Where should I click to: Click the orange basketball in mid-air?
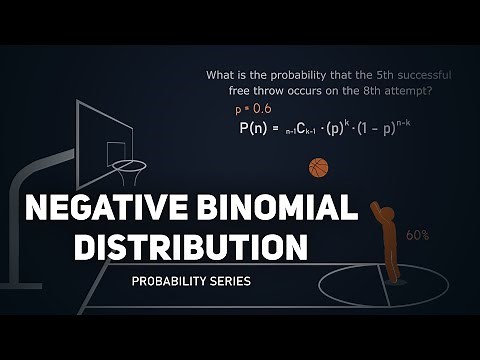point(319,166)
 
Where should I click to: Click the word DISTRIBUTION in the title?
point(190,245)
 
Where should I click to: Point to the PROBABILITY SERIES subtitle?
point(191,282)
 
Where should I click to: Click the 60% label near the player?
point(418,235)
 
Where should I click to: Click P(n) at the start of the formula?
point(259,129)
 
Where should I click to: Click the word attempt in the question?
point(422,90)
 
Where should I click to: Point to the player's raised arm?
point(375,214)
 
